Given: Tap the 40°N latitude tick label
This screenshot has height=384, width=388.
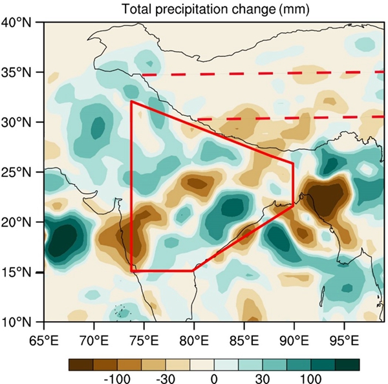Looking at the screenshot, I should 21,22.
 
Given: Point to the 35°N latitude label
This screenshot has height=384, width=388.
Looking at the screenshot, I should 21,72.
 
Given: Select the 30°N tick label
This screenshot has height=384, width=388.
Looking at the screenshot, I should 21,122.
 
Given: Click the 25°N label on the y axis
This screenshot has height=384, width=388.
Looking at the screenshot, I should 21,172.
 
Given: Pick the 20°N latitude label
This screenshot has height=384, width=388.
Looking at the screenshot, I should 21,222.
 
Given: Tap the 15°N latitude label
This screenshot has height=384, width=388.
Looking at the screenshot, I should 21,272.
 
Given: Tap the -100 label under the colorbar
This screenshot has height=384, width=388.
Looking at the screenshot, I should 117,380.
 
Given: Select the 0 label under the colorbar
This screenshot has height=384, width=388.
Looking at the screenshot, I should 213,380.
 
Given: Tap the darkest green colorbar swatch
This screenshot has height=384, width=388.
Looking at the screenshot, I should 347,365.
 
